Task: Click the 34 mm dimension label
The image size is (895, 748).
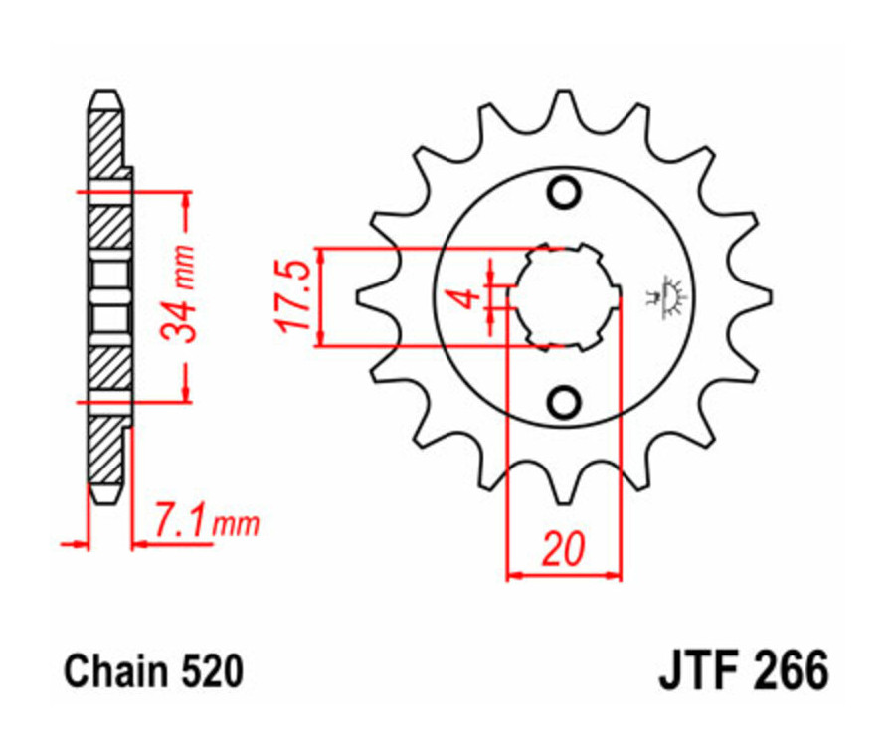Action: pos(181,295)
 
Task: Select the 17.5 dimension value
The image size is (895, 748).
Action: pos(293,296)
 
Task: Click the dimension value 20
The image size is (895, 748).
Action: pos(563,550)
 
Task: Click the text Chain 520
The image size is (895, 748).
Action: pos(153,672)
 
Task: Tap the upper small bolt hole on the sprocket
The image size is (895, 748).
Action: pos(564,192)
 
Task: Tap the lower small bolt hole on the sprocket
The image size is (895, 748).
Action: pos(564,402)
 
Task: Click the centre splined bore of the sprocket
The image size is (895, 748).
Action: pos(564,296)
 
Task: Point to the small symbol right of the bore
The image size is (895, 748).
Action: pos(667,296)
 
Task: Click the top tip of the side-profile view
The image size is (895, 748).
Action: pos(107,97)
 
